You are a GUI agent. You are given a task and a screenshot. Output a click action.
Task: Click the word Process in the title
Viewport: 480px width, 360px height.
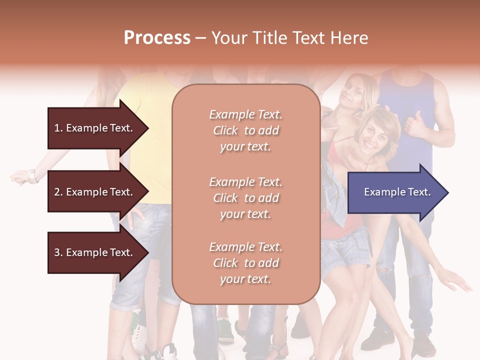pyautogui.click(x=157, y=38)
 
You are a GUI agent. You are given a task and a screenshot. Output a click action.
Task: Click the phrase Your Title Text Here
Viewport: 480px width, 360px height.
pyautogui.click(x=289, y=38)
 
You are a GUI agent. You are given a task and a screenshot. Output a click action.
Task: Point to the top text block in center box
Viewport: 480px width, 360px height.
pyautogui.click(x=245, y=130)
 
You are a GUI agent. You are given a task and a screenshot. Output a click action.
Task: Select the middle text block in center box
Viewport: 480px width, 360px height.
pyautogui.click(x=245, y=198)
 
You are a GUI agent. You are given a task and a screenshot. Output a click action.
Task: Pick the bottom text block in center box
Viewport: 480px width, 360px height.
pyautogui.click(x=245, y=263)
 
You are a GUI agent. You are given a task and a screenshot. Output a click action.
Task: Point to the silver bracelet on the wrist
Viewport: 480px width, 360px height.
pyautogui.click(x=33, y=176)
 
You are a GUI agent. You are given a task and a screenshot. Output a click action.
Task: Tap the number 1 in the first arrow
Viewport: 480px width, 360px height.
pyautogui.click(x=57, y=128)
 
